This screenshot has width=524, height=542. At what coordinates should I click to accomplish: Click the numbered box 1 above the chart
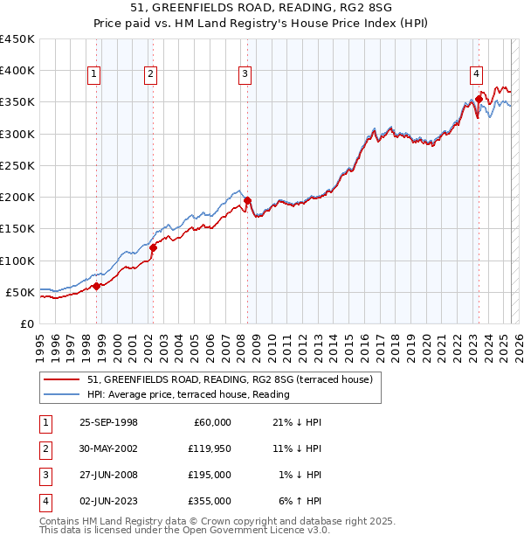pyautogui.click(x=93, y=74)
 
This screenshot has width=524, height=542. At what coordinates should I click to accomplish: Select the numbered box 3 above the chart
pyautogui.click(x=245, y=74)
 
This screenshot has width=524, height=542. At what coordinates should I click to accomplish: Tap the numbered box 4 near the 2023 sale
pyautogui.click(x=477, y=74)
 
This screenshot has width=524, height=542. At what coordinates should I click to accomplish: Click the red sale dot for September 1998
pyautogui.click(x=96, y=286)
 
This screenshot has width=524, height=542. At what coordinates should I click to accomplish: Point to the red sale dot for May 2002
pyautogui.click(x=153, y=247)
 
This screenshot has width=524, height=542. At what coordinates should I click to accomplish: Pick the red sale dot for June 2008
pyautogui.click(x=247, y=200)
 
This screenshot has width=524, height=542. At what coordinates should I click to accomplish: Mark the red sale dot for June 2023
pyautogui.click(x=479, y=99)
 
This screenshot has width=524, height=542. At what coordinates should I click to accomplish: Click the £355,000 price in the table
pyautogui.click(x=210, y=501)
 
